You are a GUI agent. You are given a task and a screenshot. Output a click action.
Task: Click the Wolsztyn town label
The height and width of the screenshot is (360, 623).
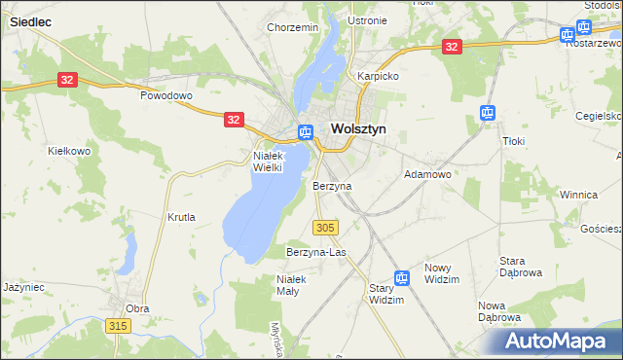point(359,127)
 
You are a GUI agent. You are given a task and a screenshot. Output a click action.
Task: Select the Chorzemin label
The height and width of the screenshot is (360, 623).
point(293,27)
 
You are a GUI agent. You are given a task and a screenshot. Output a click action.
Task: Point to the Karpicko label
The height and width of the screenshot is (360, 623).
point(378,75)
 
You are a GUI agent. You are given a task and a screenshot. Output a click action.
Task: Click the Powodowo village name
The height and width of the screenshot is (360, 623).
point(166,96)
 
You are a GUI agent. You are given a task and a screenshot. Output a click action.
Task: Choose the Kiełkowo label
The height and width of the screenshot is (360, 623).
point(69,151)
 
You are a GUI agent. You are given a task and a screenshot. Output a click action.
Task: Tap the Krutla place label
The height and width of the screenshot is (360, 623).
point(181,217)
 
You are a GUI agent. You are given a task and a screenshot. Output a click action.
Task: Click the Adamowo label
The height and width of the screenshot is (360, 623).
point(427,174)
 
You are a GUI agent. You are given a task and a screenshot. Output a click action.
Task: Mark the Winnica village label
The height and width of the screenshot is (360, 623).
point(578,195)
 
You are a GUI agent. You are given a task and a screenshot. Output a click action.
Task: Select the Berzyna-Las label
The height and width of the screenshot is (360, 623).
point(316,252)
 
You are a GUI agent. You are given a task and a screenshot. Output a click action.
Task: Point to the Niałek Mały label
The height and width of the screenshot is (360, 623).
point(292,285)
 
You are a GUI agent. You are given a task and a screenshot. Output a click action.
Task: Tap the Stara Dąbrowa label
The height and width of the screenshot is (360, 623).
point(520,267)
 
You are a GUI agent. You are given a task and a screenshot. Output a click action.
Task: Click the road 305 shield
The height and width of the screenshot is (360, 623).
point(326,227)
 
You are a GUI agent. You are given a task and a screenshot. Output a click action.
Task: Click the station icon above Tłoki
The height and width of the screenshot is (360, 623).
point(488,113)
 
